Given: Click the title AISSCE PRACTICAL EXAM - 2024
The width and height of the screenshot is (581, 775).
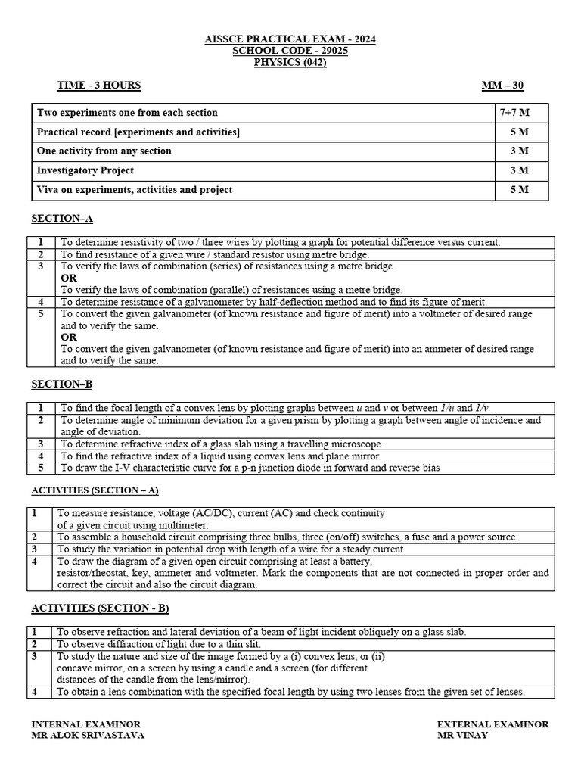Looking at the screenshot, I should click(x=290, y=39).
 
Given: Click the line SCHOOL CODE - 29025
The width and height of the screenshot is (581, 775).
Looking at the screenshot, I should click(x=290, y=50).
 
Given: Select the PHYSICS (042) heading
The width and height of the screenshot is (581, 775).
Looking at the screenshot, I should click(x=290, y=62).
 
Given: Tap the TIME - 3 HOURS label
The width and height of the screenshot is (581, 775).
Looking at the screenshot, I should click(x=99, y=86).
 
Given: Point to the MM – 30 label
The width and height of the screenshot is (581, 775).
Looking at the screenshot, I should click(x=502, y=86).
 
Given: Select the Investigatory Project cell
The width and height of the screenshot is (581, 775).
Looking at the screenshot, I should click(x=85, y=170).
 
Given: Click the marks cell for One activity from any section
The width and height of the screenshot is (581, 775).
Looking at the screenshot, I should click(x=520, y=151).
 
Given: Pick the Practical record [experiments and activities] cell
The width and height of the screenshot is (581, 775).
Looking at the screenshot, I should click(x=138, y=132).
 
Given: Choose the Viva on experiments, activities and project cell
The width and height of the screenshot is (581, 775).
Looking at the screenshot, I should click(x=135, y=190).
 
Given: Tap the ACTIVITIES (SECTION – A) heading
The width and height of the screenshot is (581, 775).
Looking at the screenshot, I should click(x=95, y=490).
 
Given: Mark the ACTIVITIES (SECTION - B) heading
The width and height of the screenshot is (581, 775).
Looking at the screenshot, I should click(x=95, y=608).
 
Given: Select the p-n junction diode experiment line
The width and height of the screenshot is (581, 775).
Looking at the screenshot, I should click(x=250, y=468).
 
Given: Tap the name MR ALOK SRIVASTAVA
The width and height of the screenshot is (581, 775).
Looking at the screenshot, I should click(x=88, y=735).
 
